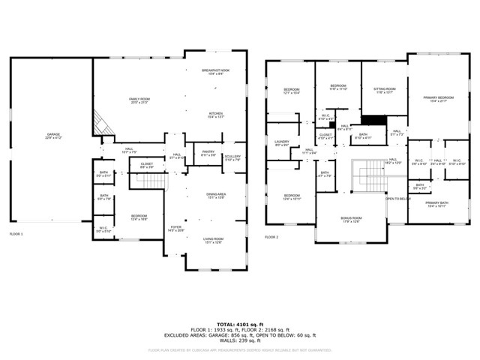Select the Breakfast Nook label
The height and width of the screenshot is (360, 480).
pos(214,72)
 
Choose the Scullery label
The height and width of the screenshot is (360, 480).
pos(232,157)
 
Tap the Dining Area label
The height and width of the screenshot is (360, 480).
pos(216,196)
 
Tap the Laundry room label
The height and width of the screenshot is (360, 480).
pos(282,143)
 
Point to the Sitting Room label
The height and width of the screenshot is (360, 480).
pos(384,91)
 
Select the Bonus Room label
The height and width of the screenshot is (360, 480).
pos(351,220)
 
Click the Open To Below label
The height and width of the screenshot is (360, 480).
pos(397,199)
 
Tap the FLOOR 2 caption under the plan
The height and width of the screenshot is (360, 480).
pos(271,237)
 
